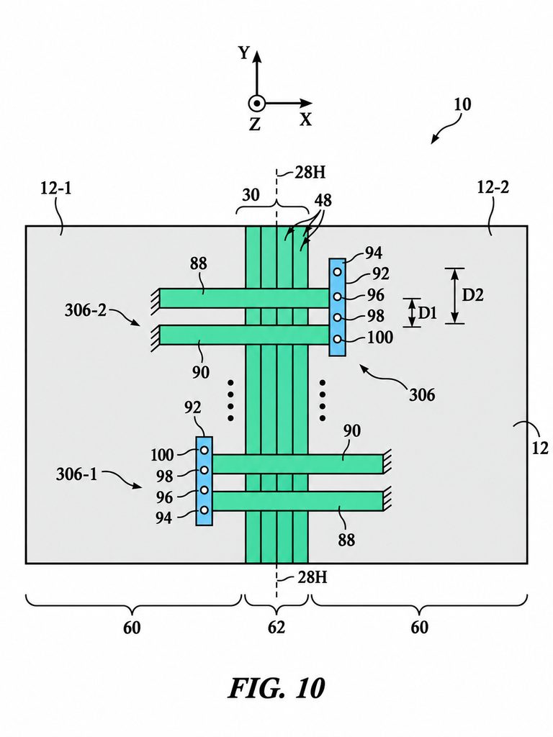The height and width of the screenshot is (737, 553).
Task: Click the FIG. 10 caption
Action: click(x=276, y=688)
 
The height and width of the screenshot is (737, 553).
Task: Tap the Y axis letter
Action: click(x=243, y=53)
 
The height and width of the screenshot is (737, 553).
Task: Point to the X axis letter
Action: click(x=305, y=119)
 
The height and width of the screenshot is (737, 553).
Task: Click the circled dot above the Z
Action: click(x=256, y=104)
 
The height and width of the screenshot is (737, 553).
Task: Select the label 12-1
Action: click(x=56, y=189)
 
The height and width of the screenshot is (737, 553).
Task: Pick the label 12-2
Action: click(x=493, y=187)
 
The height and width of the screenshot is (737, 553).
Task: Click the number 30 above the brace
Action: click(x=251, y=194)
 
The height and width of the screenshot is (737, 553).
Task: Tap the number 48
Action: click(x=323, y=201)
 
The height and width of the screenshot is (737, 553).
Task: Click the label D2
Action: click(x=472, y=295)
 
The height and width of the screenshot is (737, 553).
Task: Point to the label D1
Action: click(x=428, y=312)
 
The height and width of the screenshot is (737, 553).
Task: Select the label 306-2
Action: click(x=86, y=311)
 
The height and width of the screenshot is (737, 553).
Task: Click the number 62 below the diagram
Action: click(x=276, y=627)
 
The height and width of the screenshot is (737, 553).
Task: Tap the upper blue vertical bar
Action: click(x=337, y=307)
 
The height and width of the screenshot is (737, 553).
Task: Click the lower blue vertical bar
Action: click(x=204, y=481)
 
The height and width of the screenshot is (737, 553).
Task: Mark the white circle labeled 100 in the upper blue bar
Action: click(x=337, y=339)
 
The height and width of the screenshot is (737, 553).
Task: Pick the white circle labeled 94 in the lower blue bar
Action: click(x=204, y=510)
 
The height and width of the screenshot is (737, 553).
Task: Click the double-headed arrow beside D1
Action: click(x=412, y=312)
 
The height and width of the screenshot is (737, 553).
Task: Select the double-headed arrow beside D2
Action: click(x=454, y=296)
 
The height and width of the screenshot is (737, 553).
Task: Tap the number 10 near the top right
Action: click(x=462, y=104)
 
